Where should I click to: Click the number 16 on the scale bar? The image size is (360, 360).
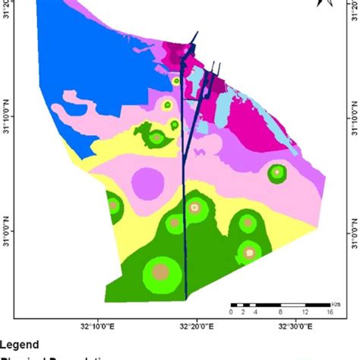point(330,312)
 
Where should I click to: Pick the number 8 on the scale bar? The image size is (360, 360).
point(281,312)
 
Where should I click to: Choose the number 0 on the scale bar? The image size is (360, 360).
point(231,312)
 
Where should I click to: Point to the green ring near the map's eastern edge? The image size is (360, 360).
point(277,173)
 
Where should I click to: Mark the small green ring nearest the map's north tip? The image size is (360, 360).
point(176,81)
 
